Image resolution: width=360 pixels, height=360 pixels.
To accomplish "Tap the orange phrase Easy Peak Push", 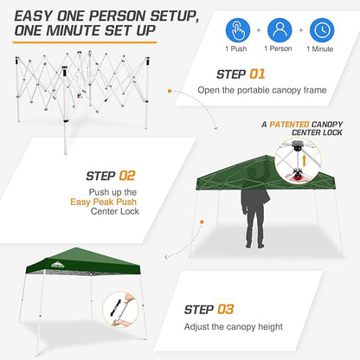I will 101,204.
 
